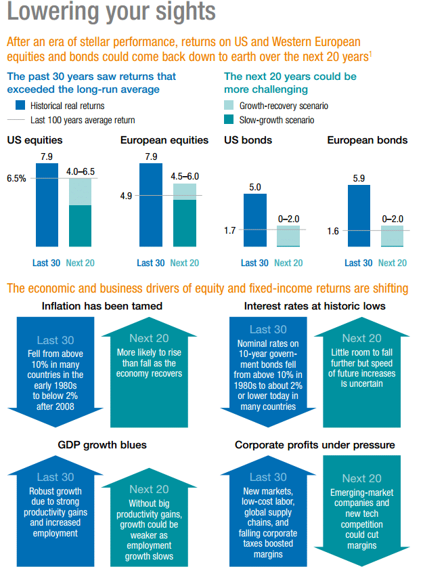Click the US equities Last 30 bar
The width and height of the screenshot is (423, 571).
(47, 205)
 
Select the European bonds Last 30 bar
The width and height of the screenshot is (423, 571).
(359, 216)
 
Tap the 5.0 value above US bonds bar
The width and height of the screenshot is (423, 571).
(255, 187)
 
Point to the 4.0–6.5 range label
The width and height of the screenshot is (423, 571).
(81, 171)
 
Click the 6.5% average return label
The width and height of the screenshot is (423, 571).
(16, 178)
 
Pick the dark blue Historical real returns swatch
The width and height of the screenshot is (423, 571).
(20, 105)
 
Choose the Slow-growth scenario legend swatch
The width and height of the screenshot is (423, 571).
(229, 119)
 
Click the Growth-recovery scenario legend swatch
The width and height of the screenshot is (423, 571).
(229, 105)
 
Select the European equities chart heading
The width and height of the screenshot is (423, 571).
(164, 141)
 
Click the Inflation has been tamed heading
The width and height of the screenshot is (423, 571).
(102, 306)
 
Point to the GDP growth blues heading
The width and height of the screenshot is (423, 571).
(102, 445)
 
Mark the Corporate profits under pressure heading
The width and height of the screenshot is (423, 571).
(315, 445)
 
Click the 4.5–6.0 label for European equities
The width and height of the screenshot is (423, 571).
(185, 177)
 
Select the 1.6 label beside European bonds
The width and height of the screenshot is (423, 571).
(333, 231)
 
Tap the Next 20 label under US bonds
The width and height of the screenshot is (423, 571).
(288, 263)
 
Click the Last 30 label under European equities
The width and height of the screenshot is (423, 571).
(150, 263)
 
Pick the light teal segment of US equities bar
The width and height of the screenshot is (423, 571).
(80, 192)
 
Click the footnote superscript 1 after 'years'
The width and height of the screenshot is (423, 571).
(370, 54)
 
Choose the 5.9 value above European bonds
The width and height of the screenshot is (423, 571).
(359, 178)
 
